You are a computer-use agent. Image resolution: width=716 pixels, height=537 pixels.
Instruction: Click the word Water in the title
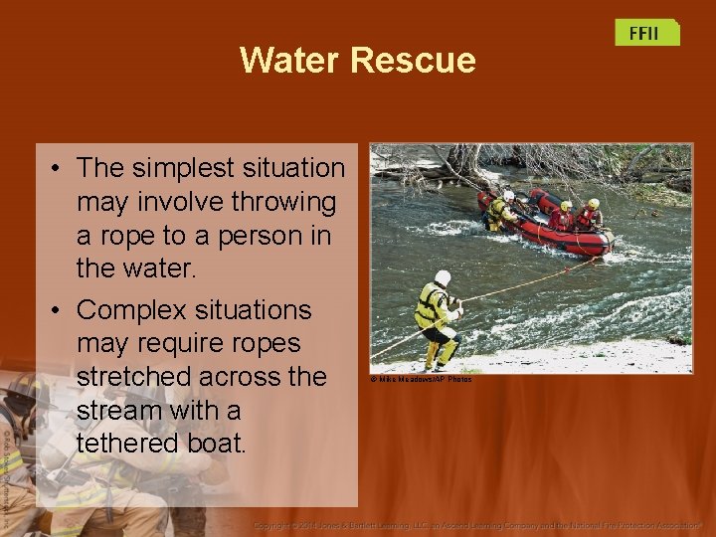289,61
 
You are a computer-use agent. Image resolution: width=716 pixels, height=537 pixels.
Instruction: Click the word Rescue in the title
413,61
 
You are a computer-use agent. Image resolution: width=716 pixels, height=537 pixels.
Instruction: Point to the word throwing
283,202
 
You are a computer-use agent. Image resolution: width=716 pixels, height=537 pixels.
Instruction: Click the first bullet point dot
61,169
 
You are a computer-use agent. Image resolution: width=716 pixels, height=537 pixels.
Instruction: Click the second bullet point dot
61,310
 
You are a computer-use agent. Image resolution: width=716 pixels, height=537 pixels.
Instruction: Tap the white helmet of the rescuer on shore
443,277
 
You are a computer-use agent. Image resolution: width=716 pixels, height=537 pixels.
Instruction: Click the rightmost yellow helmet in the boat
593,204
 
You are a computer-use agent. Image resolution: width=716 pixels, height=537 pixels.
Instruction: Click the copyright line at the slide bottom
477,524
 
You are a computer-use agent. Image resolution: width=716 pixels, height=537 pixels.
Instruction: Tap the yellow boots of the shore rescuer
438,357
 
